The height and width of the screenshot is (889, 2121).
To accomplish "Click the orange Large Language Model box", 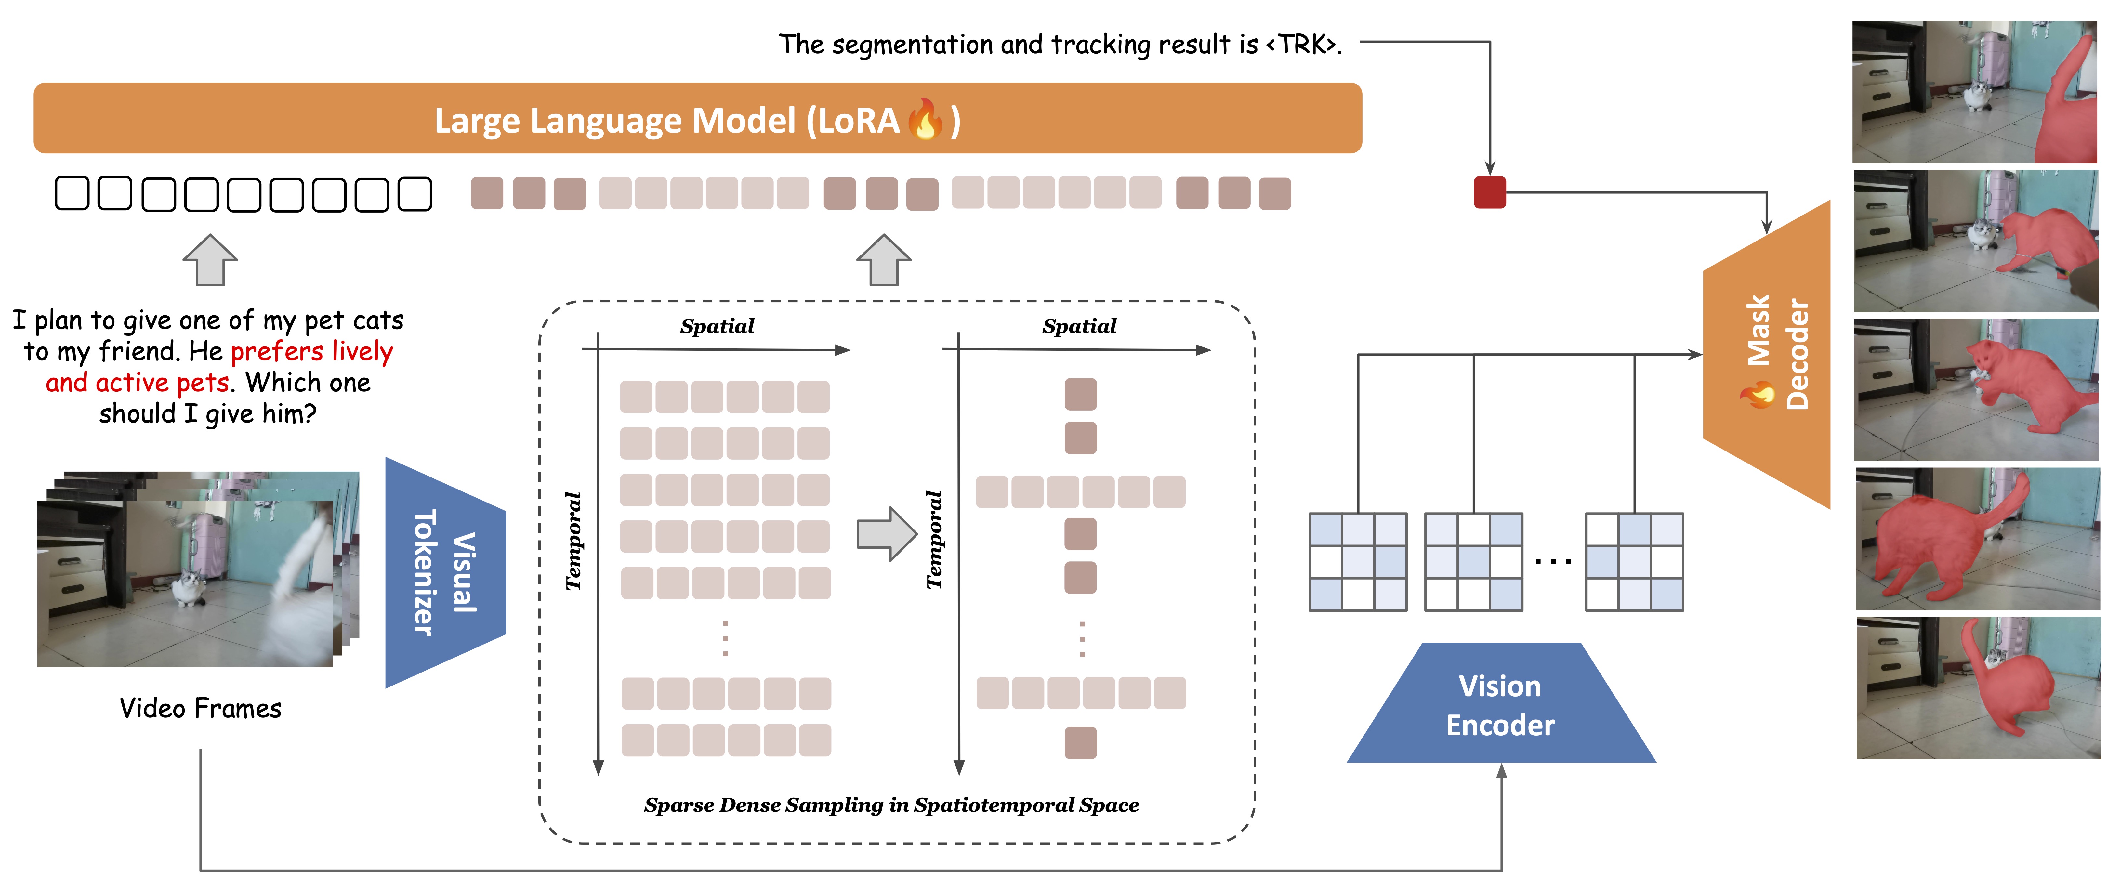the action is click(697, 118).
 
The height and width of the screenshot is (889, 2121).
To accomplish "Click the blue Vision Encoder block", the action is click(1501, 704).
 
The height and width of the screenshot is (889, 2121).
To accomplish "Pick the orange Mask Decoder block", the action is click(1767, 354).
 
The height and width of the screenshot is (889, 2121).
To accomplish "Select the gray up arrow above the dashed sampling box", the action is click(884, 260).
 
